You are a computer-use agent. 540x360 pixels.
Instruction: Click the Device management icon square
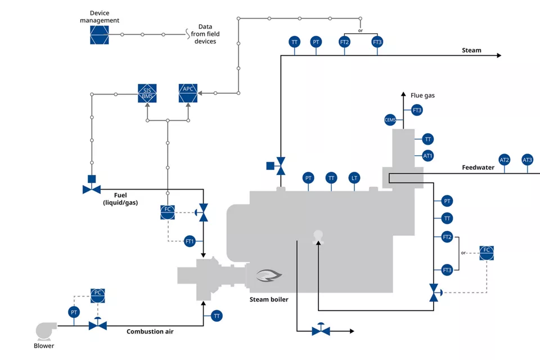coord(99,35)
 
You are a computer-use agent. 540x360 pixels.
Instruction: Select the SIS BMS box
coord(147,93)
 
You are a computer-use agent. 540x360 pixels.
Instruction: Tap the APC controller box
coord(188,93)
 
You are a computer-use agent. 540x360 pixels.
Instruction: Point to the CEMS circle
coord(390,120)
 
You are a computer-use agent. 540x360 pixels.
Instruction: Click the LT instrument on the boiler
coord(354,178)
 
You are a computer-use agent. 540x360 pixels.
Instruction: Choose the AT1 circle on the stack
coord(427,156)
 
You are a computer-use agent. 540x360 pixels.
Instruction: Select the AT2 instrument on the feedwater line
coord(505,160)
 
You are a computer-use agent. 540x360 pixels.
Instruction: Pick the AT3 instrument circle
coord(527,160)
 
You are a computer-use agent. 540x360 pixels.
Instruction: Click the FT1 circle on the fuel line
coord(190,241)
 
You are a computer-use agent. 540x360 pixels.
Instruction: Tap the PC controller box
coord(98,295)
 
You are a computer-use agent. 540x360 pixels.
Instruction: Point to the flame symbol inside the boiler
coord(269,275)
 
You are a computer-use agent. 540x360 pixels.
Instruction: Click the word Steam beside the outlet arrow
coord(471,50)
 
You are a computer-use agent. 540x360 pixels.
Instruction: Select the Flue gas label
coord(422,96)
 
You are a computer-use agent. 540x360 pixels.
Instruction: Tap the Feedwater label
coord(478,168)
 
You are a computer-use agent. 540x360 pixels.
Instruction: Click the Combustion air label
coord(150,331)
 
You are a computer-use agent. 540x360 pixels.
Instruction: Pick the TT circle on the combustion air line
coord(217,316)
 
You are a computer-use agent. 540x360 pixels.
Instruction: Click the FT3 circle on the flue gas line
coord(417,110)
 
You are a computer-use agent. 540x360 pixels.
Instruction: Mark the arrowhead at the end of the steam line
coord(499,56)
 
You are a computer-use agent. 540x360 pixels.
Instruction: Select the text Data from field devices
coord(205,34)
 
